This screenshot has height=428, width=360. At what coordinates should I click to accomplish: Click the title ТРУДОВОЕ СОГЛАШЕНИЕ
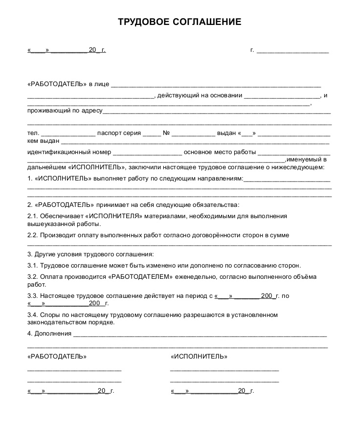pyautogui.click(x=180, y=22)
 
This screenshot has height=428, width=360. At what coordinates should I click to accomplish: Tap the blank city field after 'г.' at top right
pyautogui.click(x=292, y=50)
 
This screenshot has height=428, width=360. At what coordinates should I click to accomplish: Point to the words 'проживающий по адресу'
pyautogui.click(x=65, y=111)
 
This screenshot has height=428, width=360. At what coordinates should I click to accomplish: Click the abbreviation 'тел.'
pyautogui.click(x=33, y=133)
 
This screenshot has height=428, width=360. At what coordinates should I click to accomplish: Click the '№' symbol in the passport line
pyautogui.click(x=166, y=133)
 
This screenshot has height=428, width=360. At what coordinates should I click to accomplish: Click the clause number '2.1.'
pyautogui.click(x=33, y=216)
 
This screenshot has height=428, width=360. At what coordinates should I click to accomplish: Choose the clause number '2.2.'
pyautogui.click(x=33, y=235)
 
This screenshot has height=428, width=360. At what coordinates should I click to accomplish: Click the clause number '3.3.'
pyautogui.click(x=33, y=296)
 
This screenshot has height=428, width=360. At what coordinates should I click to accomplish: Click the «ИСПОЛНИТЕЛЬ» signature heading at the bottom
pyautogui.click(x=199, y=357)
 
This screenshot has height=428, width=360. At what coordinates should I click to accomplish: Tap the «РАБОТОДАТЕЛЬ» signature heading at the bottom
pyautogui.click(x=57, y=357)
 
